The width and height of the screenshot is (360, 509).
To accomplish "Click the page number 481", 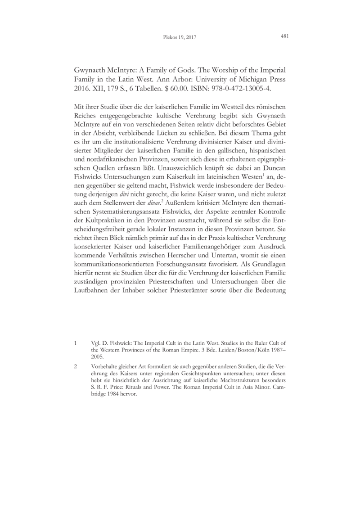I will click(x=284, y=37).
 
